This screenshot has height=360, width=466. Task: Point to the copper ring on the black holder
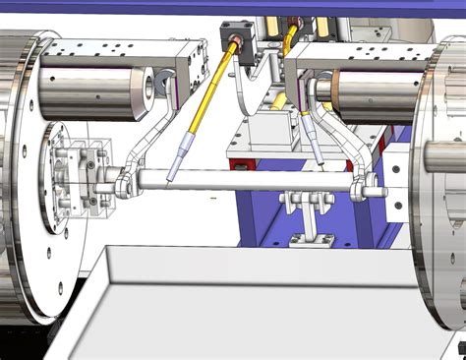point(238,43)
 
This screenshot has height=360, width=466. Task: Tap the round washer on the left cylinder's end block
point(152,87)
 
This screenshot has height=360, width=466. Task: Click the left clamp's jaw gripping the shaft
point(123,183)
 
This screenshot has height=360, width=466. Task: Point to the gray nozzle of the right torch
point(317,148)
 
